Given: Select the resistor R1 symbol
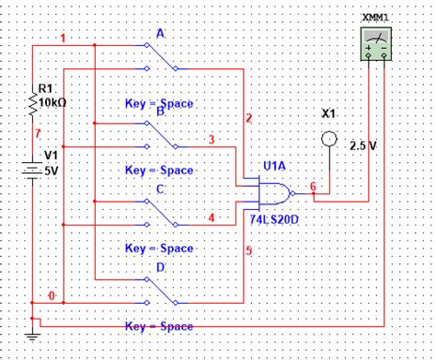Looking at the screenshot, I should coord(33,109).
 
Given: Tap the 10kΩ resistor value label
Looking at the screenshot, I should coord(52,103).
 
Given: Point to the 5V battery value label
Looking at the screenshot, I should coord(51,170).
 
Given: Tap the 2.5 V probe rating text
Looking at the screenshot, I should coord(364,145).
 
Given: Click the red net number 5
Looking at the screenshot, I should coord(247,250).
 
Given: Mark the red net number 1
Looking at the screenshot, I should coord(63,39).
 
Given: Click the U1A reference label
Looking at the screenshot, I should coord(274,167).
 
